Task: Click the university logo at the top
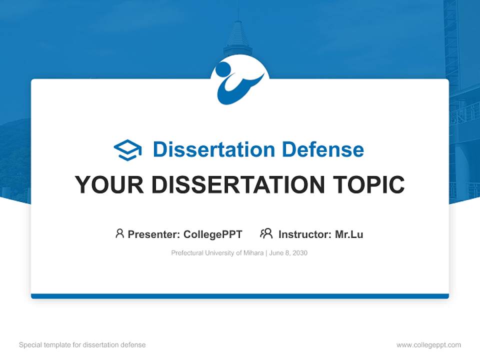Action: tap(239, 81)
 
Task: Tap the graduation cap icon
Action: tap(127, 150)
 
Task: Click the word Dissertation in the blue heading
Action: tap(214, 149)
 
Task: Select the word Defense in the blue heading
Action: tap(322, 149)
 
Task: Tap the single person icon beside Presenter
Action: tap(119, 233)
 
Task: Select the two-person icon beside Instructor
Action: tap(266, 233)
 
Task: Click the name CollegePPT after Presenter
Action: tap(212, 234)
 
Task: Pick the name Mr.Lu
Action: tap(349, 234)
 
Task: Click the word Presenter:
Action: tap(154, 234)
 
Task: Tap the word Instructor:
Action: tap(305, 234)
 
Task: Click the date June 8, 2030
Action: tap(288, 253)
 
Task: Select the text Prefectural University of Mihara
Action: tap(217, 253)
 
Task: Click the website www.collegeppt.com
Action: tap(428, 345)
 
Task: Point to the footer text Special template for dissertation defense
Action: tap(82, 345)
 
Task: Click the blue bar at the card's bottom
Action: tap(240, 296)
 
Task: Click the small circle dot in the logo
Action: tap(223, 69)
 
